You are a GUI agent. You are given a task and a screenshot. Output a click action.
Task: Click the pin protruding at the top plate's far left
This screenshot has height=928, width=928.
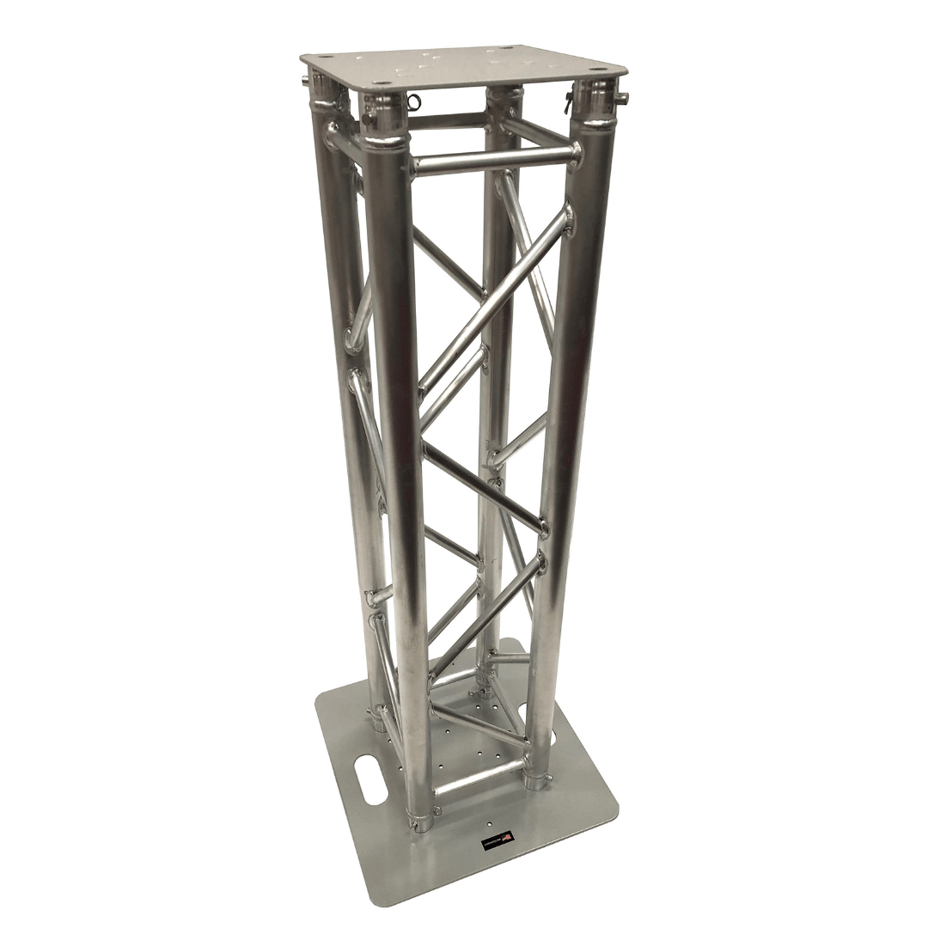[307, 82]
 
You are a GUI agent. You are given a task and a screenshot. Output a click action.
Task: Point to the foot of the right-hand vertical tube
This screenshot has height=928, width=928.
[538, 778]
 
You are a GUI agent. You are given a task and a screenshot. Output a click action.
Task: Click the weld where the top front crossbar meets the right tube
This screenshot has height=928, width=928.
[571, 154]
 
